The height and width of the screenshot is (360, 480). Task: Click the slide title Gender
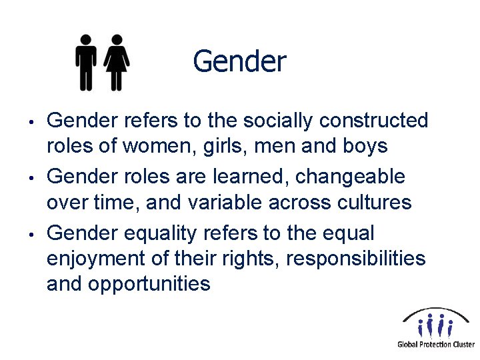click(239, 62)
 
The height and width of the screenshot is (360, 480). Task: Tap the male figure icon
click(87, 62)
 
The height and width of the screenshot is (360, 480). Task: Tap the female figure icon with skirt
click(117, 62)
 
